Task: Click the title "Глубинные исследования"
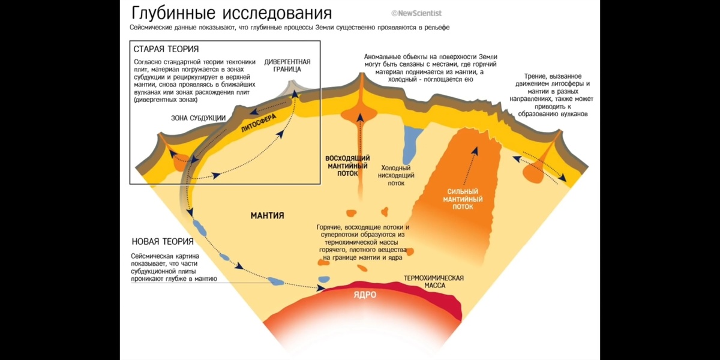pos(231,13)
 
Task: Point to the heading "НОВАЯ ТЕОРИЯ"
pos(163,242)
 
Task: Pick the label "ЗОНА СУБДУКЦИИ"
pos(199,118)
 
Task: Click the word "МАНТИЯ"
pos(267,215)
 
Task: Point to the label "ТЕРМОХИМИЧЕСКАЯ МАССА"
pos(434,282)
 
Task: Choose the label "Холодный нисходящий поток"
pos(396,176)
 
